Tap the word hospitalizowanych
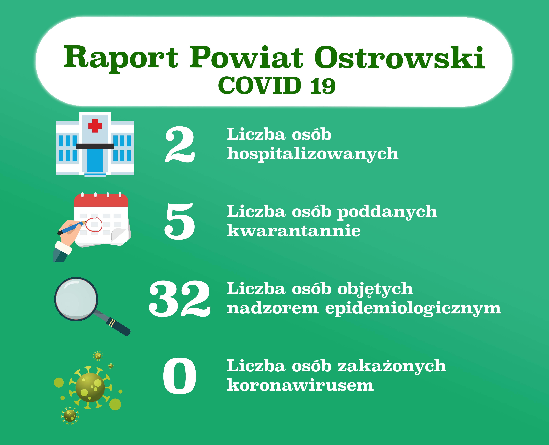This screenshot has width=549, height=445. [313, 154]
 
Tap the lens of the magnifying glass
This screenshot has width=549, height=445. [76, 299]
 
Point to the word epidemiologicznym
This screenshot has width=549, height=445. [413, 308]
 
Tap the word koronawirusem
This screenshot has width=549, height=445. [300, 385]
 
